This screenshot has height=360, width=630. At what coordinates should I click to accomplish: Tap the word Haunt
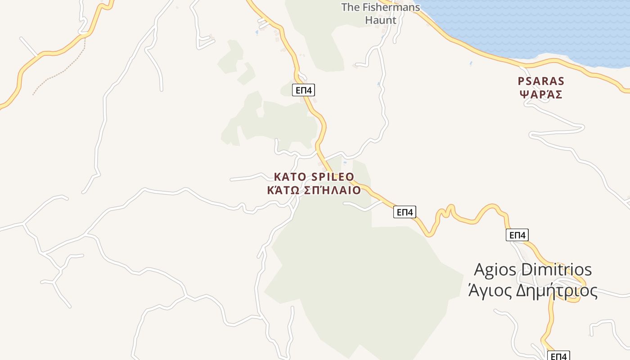pos(381,20)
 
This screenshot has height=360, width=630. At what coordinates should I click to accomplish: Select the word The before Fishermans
pos(350,7)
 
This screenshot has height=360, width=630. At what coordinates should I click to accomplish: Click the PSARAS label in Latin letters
pos(541,81)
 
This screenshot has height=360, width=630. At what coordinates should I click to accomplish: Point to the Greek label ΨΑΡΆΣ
pos(541,94)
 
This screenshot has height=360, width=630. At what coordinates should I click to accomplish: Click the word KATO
pos(290,177)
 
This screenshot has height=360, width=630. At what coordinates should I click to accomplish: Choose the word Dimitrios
pos(556,270)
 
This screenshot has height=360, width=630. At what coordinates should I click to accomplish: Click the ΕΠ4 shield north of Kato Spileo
pos(303,90)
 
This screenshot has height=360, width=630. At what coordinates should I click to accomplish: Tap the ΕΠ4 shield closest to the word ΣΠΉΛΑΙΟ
pos(405,212)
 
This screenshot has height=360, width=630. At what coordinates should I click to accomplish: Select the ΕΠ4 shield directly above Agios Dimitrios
pos(517,235)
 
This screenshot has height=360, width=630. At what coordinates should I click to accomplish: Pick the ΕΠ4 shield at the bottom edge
pos(558,356)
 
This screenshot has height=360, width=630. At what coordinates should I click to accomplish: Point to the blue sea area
pos(540,27)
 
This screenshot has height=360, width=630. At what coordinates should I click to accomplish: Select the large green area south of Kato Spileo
pos(360,279)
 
